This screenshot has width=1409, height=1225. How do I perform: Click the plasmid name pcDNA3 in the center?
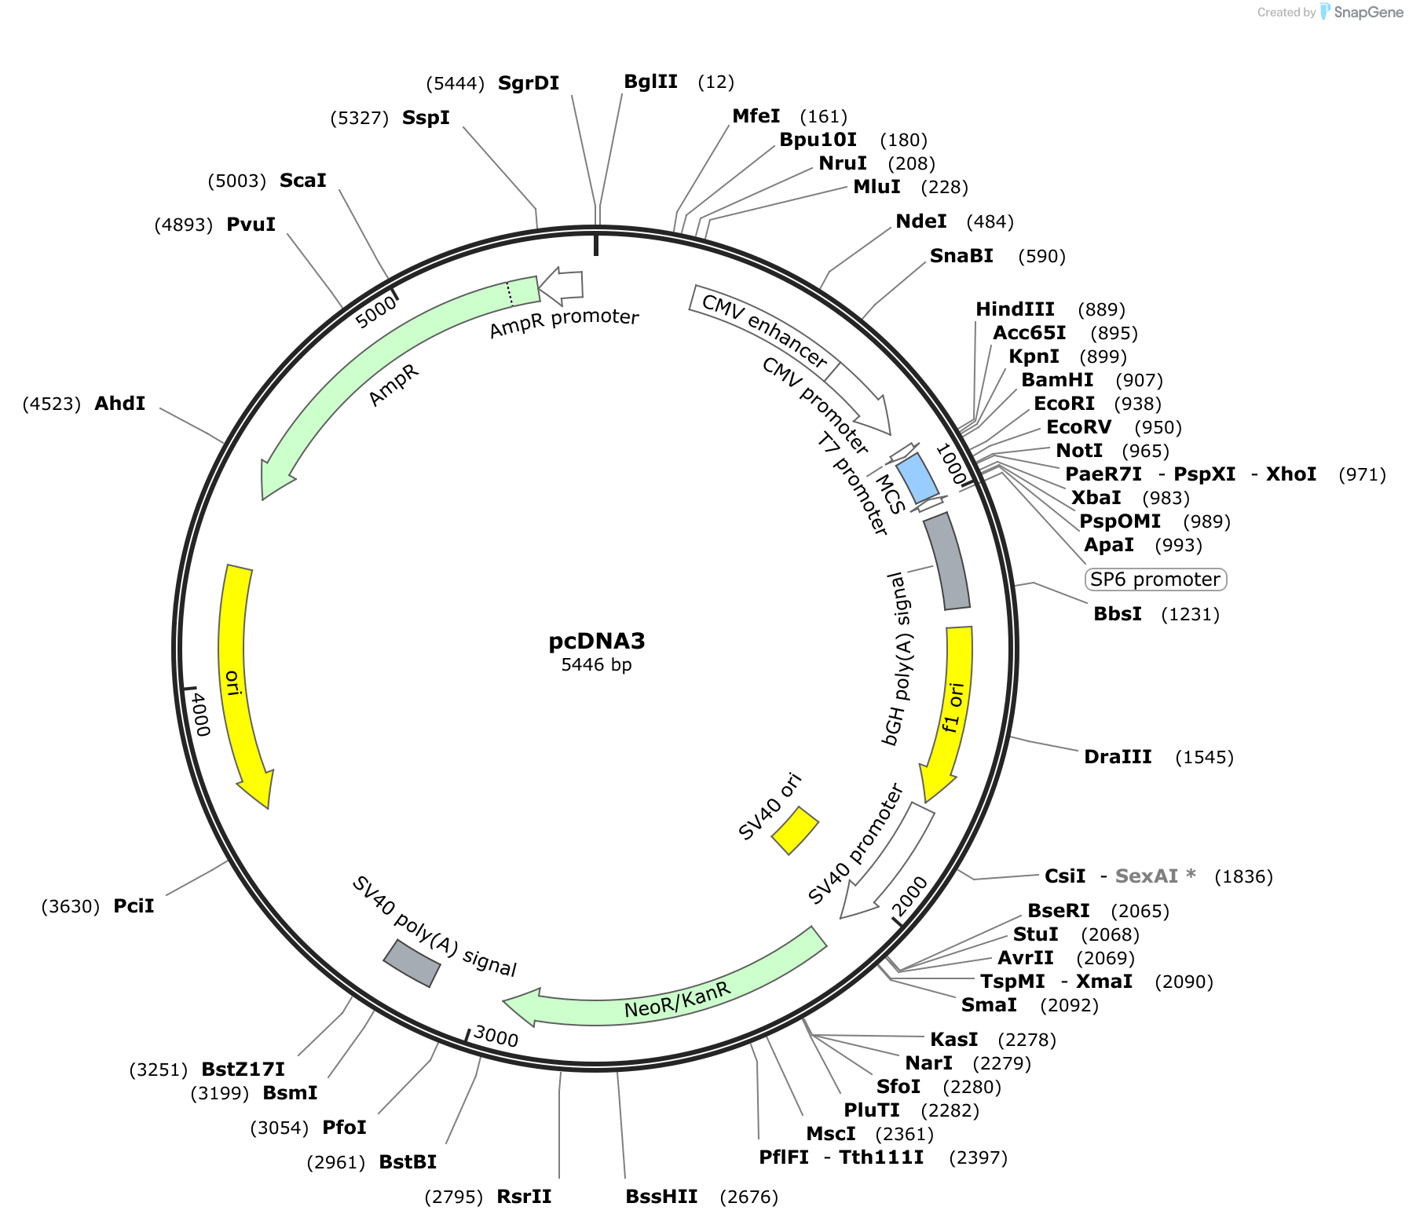597,641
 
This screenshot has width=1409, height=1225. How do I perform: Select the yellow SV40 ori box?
795,830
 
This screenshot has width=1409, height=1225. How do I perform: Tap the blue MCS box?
917,478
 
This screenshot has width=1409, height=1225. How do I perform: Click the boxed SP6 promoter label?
1155,580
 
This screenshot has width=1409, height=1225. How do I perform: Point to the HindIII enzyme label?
1015,309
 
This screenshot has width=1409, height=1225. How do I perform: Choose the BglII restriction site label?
650,82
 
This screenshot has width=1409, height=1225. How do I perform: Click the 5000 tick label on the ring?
375,313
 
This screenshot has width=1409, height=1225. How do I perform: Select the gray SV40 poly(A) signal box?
412,963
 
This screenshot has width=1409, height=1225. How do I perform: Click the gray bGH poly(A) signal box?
947,561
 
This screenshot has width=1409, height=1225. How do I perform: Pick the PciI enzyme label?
134,906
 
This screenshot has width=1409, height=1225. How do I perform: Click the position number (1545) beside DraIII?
1204,757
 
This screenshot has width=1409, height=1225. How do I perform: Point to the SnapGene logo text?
1368,12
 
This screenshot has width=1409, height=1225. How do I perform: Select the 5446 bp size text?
596,665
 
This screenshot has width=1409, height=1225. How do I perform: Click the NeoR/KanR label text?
677,1000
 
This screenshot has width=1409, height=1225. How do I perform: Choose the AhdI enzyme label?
119,404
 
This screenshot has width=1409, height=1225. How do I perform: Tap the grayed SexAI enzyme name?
1146,876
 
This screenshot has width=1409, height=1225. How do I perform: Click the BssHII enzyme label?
661,1197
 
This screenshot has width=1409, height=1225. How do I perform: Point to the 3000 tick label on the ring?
496,1037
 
